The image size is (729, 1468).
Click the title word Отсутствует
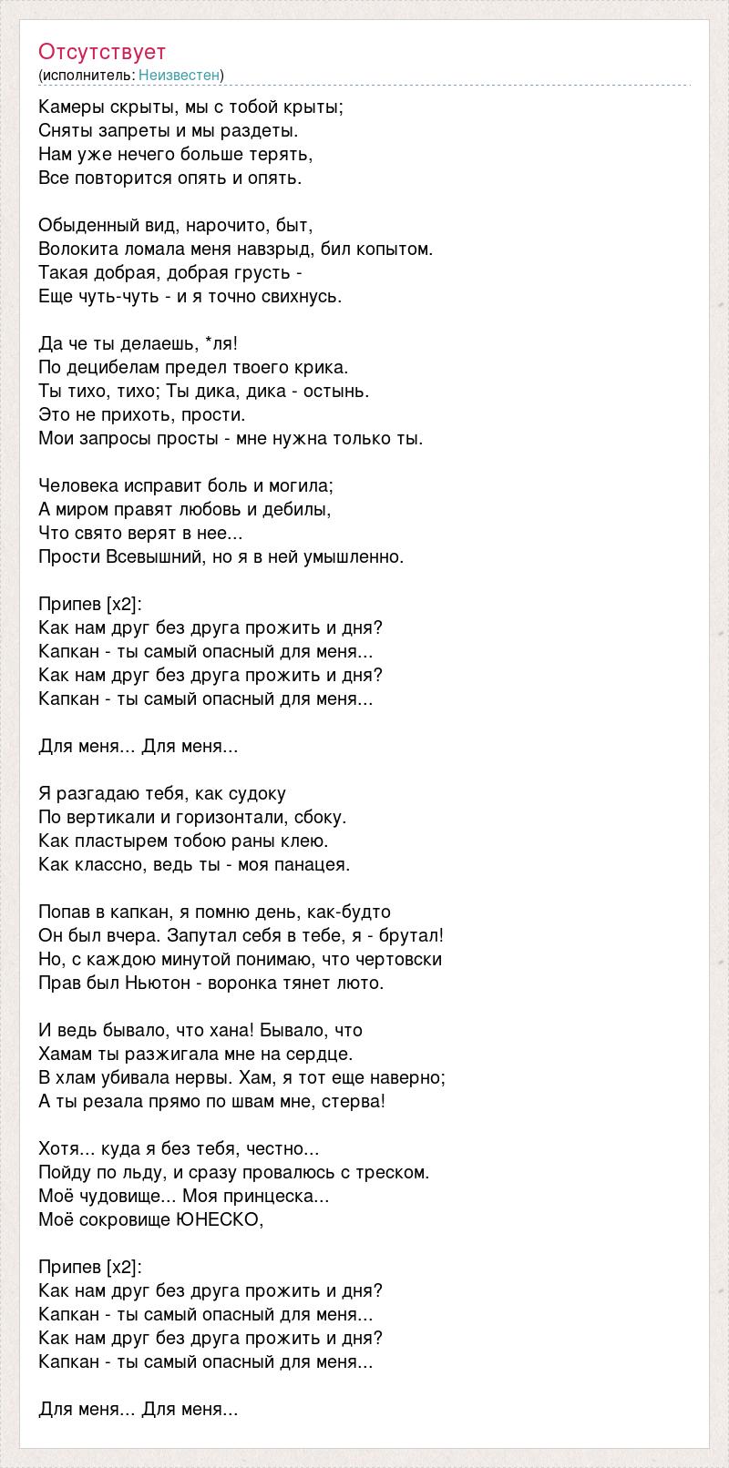pos(102,52)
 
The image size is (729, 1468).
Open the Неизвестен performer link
pos(180,75)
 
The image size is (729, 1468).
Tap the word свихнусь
pos(303,297)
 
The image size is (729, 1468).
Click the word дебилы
pos(300,510)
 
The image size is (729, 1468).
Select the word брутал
pos(412,936)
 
